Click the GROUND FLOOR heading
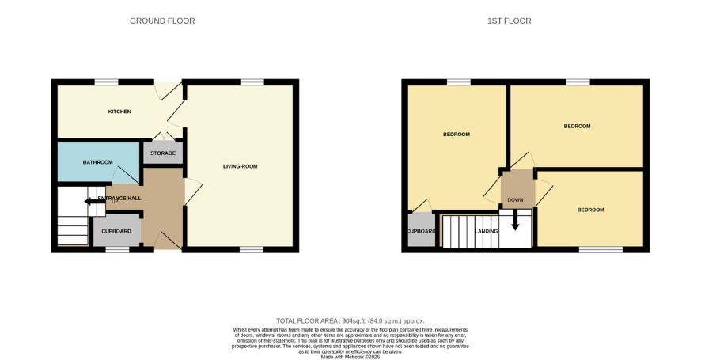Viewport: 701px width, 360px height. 162,21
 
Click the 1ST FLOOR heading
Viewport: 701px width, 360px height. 510,21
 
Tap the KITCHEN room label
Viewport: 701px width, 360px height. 119,112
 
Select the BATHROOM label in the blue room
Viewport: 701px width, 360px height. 98,162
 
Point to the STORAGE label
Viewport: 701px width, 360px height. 163,153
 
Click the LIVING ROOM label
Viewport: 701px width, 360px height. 241,166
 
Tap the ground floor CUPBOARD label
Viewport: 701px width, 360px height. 116,231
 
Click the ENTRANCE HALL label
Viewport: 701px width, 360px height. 119,198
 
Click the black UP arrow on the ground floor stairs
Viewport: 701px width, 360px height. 94,202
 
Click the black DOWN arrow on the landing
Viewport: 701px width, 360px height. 515,221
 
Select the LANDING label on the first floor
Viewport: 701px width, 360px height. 487,231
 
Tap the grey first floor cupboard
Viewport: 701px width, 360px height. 421,229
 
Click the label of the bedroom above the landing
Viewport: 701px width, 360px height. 457,135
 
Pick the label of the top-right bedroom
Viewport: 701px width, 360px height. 577,126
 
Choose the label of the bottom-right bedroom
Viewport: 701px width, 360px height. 590,210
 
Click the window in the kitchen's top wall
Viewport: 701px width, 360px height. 106,82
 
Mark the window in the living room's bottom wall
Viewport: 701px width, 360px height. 252,249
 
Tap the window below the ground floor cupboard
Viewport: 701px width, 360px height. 117,249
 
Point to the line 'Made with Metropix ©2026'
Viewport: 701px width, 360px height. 350,358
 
